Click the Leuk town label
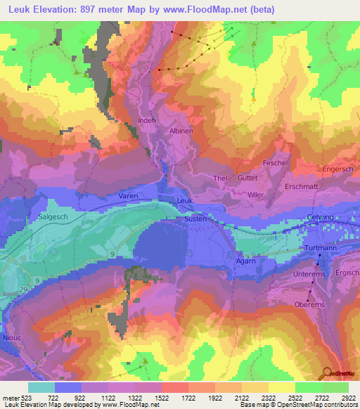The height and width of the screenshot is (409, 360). coord(184,201)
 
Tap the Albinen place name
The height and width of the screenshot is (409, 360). coord(181,131)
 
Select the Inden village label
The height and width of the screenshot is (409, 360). coord(146,120)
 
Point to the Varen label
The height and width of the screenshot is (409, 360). coord(128,196)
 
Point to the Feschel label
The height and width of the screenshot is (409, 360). coord(275,162)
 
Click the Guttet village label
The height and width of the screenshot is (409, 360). coord(248,179)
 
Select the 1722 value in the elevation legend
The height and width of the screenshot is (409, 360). coord(174,398)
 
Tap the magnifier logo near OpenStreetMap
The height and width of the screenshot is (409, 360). coord(326,372)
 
